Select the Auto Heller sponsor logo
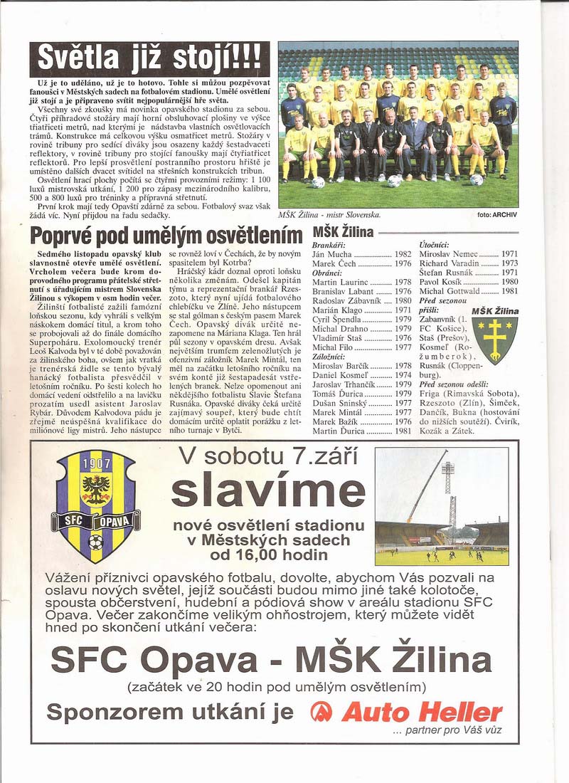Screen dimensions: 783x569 [x=408, y=711]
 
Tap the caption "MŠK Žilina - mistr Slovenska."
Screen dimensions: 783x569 [x=330, y=214]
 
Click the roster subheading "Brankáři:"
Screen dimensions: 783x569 [x=329, y=245]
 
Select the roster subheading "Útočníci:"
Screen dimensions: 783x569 [x=435, y=245]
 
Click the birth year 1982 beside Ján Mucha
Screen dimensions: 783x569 [x=403, y=254]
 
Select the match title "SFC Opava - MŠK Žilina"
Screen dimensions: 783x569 [x=271, y=661]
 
